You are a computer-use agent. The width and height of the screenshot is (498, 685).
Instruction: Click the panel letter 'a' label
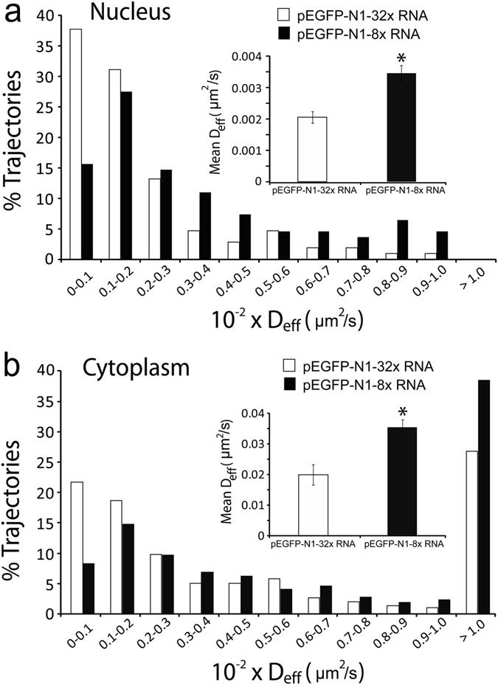point(14,15)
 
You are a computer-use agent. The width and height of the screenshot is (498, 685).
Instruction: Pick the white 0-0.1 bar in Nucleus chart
point(75,145)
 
